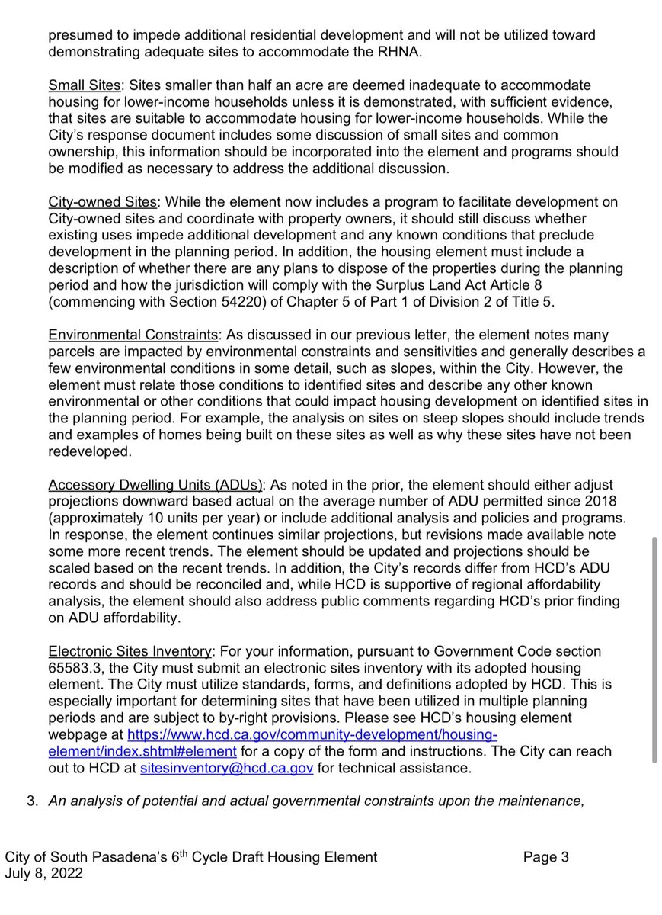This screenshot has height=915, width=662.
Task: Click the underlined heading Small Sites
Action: [x=85, y=85]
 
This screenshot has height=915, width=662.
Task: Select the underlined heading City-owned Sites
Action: [x=102, y=202]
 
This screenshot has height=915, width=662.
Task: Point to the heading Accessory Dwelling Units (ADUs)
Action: [x=156, y=485]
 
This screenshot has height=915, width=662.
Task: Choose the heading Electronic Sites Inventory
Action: [x=130, y=651]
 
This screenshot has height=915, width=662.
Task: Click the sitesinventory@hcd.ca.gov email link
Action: [x=227, y=769]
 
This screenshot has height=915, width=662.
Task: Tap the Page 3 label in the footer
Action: [x=545, y=857]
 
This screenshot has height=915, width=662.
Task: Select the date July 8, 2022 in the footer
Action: [x=43, y=874]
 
